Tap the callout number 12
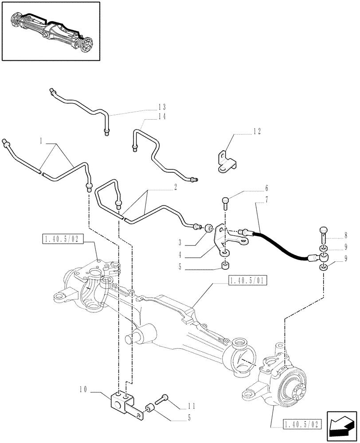click(257, 132)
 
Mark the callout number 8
click(345, 236)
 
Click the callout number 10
click(83, 390)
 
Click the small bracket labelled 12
click(226, 161)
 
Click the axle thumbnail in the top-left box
click(51, 31)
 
